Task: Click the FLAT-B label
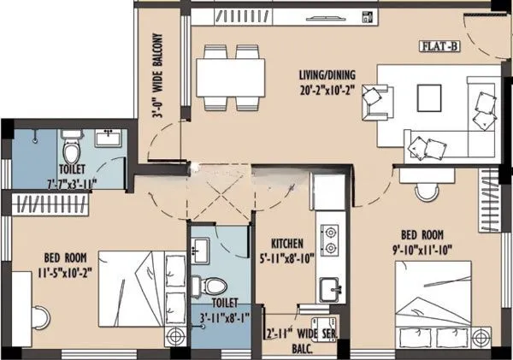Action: coord(439,46)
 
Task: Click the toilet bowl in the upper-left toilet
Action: coord(72,150)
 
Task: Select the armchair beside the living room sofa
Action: coord(374,101)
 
